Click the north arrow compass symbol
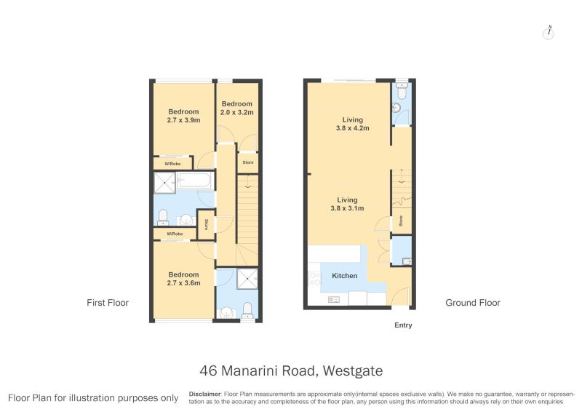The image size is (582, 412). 549,33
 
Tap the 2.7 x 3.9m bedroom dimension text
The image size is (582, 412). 183,121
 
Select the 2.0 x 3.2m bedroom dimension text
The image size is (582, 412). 237,113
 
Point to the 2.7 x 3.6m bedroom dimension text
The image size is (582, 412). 183,283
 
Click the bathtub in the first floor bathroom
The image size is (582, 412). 195,181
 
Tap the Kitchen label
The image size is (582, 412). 344,276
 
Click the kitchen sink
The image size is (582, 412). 334,299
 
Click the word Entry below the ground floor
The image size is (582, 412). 402,325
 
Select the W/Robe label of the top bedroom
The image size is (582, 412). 172,164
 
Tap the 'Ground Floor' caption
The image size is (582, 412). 472,303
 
